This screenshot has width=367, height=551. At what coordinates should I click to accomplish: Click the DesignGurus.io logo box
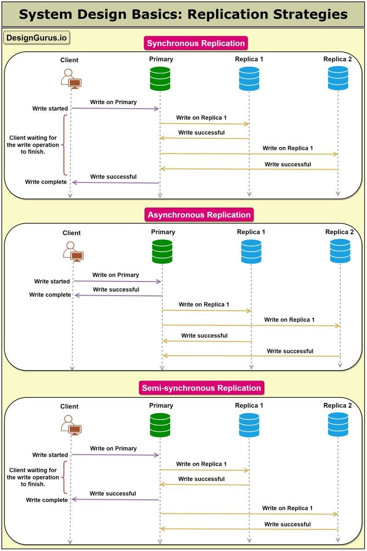[x=37, y=38]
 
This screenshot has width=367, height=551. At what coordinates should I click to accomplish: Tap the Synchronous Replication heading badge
[x=196, y=43]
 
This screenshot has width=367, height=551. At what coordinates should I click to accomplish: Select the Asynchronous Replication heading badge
[x=199, y=215]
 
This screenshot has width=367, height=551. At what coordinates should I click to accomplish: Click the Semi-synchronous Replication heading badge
[x=201, y=388]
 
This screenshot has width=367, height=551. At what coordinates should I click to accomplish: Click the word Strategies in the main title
[x=311, y=14]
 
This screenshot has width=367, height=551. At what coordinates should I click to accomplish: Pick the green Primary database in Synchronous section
[x=160, y=79]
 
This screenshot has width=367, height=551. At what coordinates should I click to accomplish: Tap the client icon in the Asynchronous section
[x=73, y=251]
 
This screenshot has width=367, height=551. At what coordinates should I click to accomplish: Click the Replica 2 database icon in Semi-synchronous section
[x=338, y=425]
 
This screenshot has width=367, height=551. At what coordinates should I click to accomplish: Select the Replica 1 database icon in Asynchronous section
[x=251, y=252]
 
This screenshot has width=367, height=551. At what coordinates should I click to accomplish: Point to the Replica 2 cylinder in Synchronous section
[x=338, y=78]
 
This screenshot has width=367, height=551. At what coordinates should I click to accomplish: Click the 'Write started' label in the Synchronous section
[x=50, y=109]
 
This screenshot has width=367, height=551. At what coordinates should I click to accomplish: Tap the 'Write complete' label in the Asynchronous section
[x=50, y=295]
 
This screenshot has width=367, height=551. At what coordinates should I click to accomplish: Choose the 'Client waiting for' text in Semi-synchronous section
[x=33, y=470]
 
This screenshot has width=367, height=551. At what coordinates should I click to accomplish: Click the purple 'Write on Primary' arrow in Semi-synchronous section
[x=116, y=455]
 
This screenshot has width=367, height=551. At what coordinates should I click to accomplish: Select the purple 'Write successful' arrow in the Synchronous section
[x=116, y=182]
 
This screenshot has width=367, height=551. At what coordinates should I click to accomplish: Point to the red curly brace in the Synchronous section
[x=65, y=145]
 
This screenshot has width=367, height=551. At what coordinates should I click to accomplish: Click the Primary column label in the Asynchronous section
[x=163, y=232]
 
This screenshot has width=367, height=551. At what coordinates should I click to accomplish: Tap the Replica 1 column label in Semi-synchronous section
[x=249, y=405]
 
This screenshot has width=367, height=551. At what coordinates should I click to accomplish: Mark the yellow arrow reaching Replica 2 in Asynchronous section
[x=251, y=325]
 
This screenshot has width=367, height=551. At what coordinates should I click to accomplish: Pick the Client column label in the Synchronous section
[x=69, y=60]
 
